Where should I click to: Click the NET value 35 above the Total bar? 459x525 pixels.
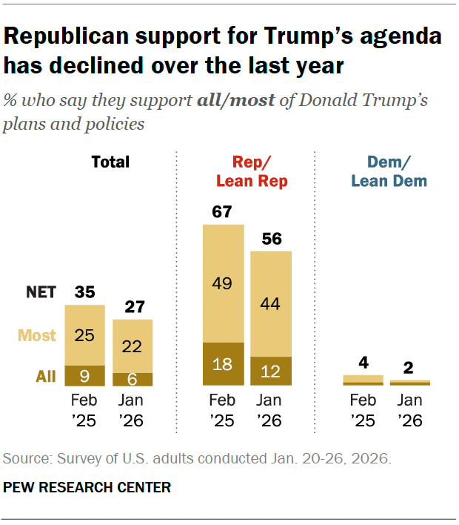click(84, 291)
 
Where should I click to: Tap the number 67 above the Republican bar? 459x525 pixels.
click(223, 212)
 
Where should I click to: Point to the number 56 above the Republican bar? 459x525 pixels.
click(271, 240)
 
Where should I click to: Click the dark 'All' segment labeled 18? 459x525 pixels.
click(223, 364)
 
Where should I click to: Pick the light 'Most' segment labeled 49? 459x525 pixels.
click(223, 283)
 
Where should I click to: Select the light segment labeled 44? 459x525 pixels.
click(271, 303)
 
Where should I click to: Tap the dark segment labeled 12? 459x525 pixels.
click(271, 371)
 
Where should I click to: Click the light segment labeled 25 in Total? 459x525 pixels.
click(84, 335)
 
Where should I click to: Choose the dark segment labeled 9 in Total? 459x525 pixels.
click(84, 376)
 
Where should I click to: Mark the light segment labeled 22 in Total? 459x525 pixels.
click(133, 346)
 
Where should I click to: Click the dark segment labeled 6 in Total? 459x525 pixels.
click(133, 379)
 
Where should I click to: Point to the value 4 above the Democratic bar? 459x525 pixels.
click(363, 363)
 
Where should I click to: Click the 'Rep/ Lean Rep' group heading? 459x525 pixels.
click(251, 171)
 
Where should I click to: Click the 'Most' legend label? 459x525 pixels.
click(37, 335)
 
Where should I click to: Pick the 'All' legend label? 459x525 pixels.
click(45, 377)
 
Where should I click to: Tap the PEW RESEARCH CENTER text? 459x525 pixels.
click(87, 487)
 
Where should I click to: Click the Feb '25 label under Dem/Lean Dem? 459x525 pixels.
click(363, 409)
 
